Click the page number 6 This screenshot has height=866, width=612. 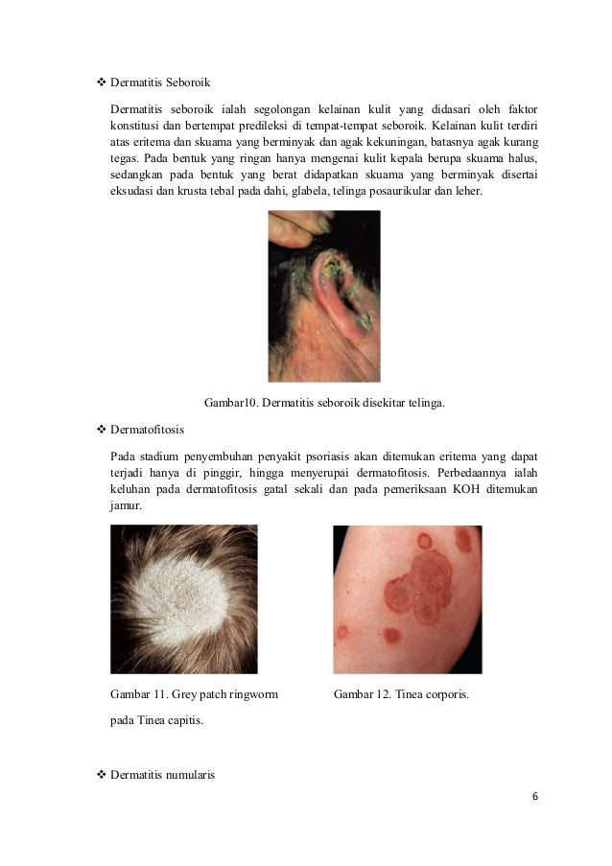pyautogui.click(x=536, y=797)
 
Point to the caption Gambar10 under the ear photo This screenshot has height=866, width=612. pyautogui.click(x=324, y=405)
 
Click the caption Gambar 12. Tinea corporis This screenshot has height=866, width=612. pyautogui.click(x=401, y=692)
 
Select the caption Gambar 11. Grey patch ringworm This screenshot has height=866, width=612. pyautogui.click(x=195, y=692)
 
